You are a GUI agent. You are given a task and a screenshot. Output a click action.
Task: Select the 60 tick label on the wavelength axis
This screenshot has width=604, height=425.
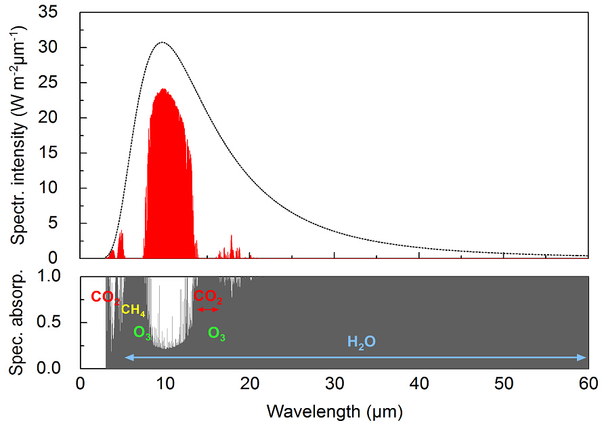coord(588,383)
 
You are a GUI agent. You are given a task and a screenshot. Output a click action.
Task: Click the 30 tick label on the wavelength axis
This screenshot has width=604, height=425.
coord(335,383)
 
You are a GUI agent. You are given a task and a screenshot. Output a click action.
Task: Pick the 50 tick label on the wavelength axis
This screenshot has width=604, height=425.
coord(504,383)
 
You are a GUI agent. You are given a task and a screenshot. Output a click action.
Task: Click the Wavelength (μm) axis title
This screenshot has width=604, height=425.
coord(335,410)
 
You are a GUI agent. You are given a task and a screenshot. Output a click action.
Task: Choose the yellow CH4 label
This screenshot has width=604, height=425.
coord(133,311)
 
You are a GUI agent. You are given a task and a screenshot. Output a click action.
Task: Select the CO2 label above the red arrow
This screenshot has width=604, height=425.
coord(208,296)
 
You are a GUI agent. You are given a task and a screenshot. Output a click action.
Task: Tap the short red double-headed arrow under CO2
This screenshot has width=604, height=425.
coord(207,309)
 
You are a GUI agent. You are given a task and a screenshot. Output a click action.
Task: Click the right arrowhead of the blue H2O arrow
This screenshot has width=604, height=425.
coord(584,358)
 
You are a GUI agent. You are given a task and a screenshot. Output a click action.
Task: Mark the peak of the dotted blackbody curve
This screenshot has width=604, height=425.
coord(163,42)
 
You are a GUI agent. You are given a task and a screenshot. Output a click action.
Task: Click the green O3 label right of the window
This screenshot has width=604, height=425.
coord(217,333)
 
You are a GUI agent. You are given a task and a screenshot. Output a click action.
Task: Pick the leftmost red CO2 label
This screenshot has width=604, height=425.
coord(105,297)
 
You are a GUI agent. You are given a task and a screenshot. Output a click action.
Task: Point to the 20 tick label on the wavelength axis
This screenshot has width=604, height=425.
coord(250,383)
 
